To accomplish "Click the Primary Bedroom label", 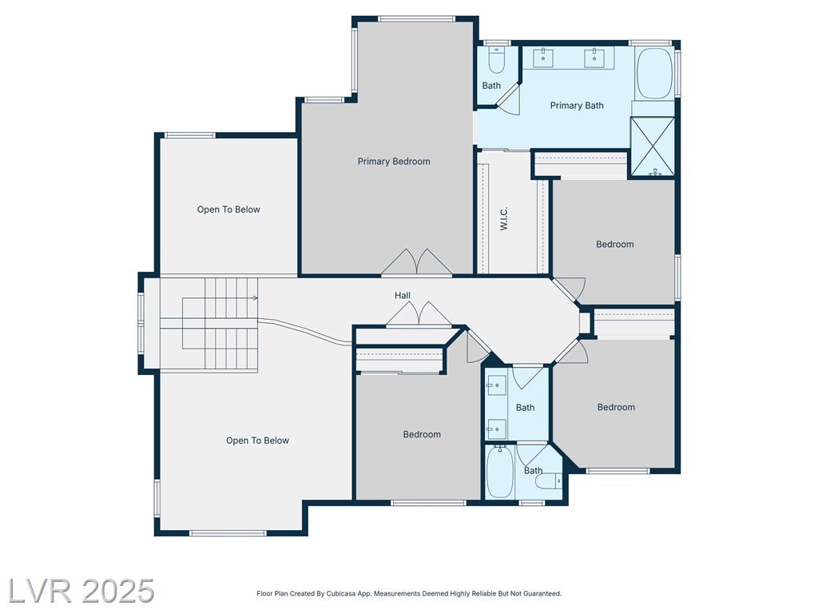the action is [x=394, y=161].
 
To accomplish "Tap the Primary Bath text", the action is [x=577, y=106].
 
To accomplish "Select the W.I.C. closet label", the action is [x=504, y=219].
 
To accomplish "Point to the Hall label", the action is [x=403, y=296].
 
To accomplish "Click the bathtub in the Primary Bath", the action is [x=655, y=74].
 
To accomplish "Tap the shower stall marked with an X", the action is [x=652, y=146].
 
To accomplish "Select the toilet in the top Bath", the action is [x=497, y=61].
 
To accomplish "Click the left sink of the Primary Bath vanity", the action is [x=543, y=57].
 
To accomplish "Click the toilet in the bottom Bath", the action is [x=549, y=480].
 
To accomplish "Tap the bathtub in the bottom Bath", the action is [x=500, y=472].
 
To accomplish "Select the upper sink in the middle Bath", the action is [x=496, y=385].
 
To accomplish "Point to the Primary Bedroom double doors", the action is [x=417, y=261].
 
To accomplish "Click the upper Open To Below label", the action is [x=228, y=209].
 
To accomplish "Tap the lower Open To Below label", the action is [x=257, y=441].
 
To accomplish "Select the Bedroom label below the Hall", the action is [x=422, y=434].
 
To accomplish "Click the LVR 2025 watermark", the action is [x=81, y=591].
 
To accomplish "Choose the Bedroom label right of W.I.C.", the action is [x=615, y=245].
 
